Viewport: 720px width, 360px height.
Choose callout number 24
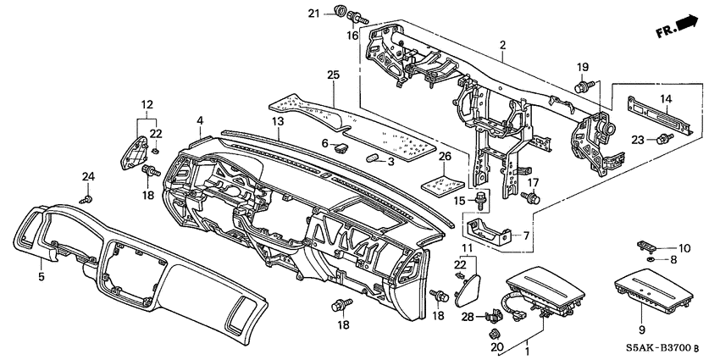(x=86, y=176)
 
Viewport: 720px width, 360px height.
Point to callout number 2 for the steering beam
(x=502, y=44)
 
